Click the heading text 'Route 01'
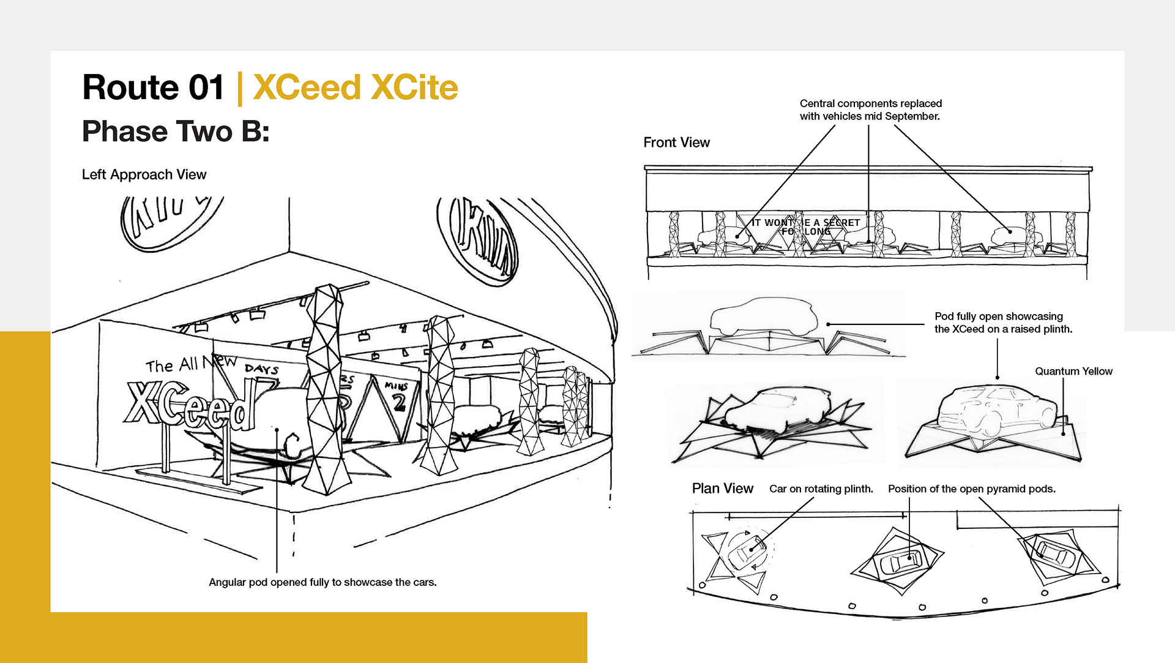point(153,88)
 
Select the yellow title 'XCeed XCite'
point(355,88)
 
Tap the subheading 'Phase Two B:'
point(176,132)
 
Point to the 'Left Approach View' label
point(144,174)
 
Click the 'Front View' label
point(676,143)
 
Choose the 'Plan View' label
point(722,489)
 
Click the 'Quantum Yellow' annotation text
point(1073,372)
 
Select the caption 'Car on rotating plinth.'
point(821,489)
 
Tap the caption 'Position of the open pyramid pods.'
point(971,489)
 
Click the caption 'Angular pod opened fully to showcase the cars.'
point(323,582)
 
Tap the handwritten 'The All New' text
point(190,364)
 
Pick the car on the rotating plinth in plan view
point(747,551)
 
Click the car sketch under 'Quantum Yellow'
point(994,410)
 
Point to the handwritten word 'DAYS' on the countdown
point(261,369)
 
